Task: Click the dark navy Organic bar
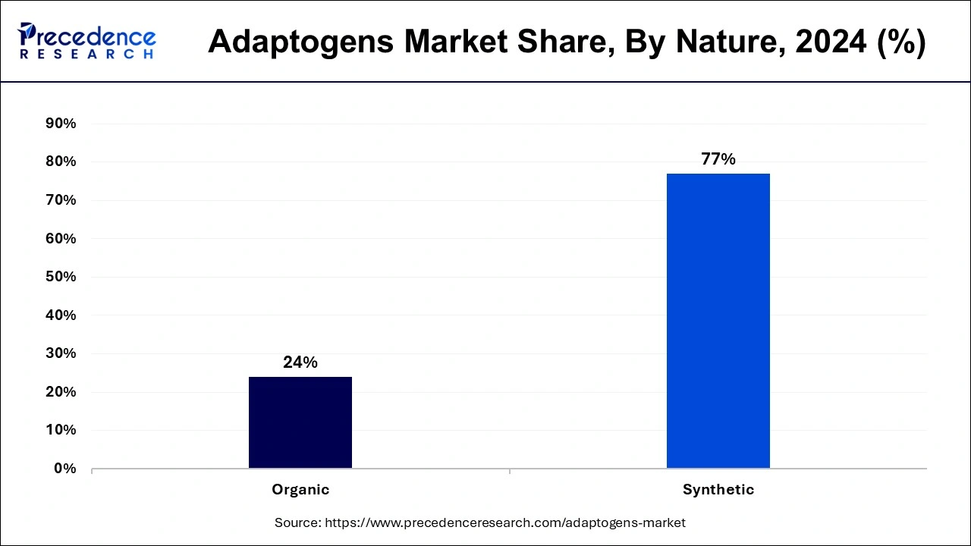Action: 300,422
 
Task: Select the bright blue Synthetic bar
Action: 718,321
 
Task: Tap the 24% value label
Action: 300,362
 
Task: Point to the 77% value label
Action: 718,159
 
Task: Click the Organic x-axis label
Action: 300,490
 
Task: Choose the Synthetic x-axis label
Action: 718,490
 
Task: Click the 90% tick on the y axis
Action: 61,124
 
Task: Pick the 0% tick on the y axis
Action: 65,469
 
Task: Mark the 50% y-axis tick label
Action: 61,277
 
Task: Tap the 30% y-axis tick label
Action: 61,353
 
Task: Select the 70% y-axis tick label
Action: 61,200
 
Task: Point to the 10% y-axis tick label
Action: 61,430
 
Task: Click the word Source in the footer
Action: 297,522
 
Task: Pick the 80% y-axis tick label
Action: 61,162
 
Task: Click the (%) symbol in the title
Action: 900,42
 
